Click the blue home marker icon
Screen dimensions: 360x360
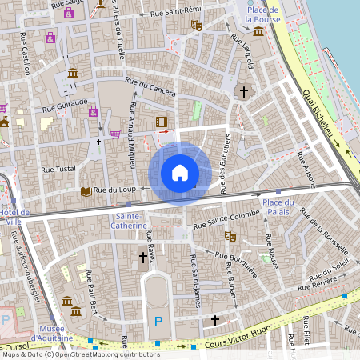point(180,173)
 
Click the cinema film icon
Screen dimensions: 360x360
point(162,122)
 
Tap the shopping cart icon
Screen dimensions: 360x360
point(116,134)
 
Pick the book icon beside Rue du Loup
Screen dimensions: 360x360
point(86,191)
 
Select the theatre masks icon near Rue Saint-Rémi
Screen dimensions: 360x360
point(196,25)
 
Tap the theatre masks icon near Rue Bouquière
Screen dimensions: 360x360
point(230,237)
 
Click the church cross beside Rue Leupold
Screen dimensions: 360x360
point(245,92)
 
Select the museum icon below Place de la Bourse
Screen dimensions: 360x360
point(258,31)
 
